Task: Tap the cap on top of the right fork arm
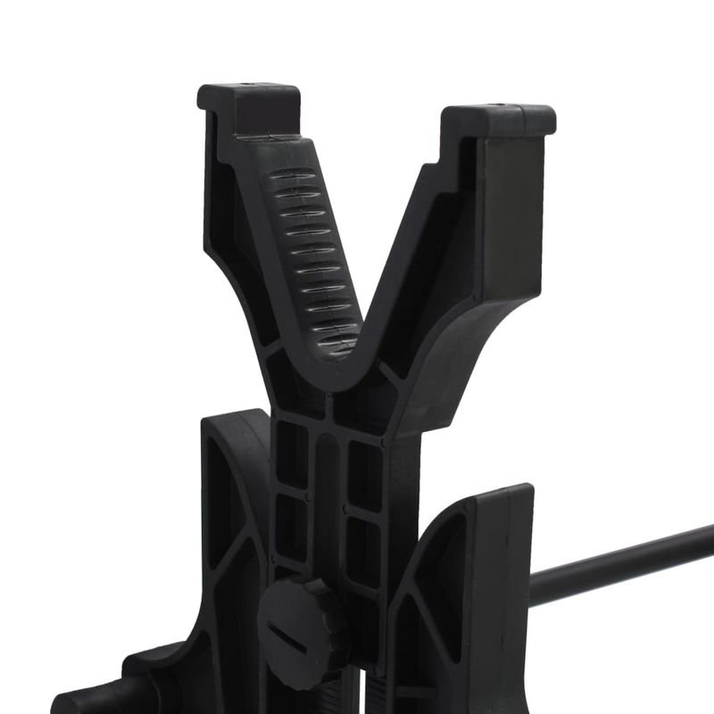tap(500, 119)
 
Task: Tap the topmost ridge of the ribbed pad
tap(295, 176)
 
